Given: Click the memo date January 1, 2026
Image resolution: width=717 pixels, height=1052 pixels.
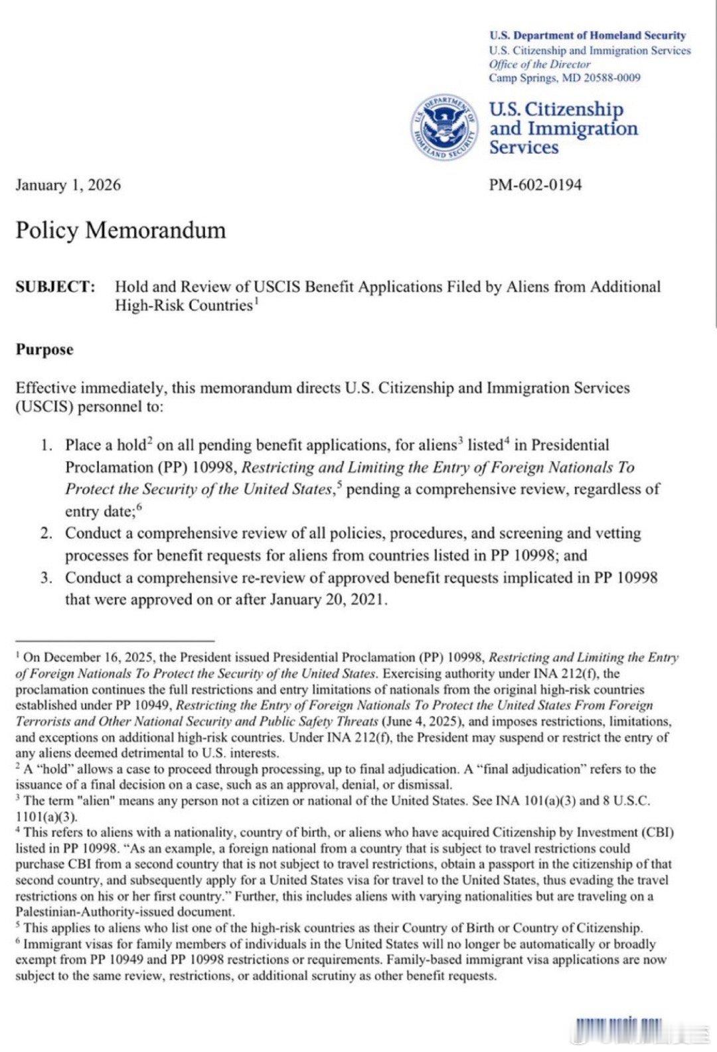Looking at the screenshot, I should [68, 185].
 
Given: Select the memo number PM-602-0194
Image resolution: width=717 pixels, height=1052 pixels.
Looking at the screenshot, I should [535, 185].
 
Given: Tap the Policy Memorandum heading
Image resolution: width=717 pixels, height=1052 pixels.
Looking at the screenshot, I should [121, 230].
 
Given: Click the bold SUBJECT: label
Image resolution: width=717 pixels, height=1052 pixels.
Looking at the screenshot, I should [55, 287].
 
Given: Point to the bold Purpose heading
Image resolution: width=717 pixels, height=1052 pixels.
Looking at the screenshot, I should [44, 350].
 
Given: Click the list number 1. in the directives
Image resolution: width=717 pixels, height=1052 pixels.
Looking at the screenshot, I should [46, 445].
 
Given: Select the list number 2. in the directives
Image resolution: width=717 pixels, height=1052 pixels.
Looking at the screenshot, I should [46, 533].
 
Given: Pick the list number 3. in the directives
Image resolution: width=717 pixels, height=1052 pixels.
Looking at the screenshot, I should [46, 578].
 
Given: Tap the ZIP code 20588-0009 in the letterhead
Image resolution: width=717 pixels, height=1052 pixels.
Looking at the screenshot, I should [612, 78].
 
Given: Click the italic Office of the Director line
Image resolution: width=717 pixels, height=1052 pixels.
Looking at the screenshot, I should [539, 64].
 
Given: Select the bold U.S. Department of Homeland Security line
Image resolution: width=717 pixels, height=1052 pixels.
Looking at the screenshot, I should [588, 36].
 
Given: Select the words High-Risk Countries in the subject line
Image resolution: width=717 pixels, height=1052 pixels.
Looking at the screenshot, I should [183, 306].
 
